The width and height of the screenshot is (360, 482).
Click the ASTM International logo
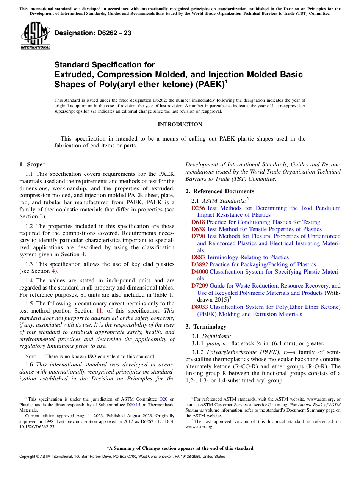[x=35, y=36]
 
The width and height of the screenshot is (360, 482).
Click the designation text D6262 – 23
[x=93, y=33]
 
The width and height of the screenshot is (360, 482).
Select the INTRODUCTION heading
[x=180, y=125]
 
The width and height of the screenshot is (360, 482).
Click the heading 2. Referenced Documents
[x=220, y=191]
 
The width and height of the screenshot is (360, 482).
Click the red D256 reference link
[x=198, y=208]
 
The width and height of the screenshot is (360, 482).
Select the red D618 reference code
[x=198, y=222]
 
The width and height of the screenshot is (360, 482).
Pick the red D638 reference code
[x=198, y=229]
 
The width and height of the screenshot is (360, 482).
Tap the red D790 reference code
[x=198, y=236]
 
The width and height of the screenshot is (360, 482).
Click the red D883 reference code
[x=198, y=258]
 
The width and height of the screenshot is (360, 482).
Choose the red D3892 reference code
[x=200, y=264]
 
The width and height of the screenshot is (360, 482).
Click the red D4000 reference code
[x=200, y=272]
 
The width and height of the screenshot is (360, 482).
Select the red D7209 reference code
[x=200, y=286]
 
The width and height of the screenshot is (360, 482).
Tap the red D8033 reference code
[x=200, y=307]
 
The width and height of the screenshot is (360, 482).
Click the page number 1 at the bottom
[x=180, y=466]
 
